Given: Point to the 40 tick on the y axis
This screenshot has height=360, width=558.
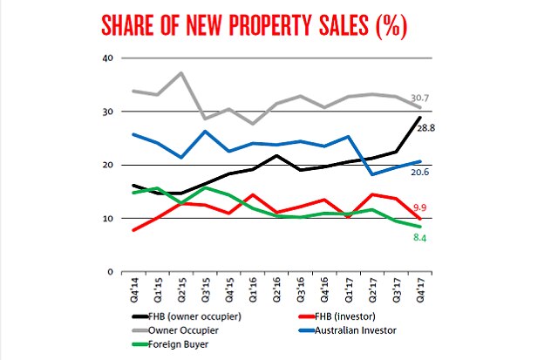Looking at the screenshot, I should click(108, 58).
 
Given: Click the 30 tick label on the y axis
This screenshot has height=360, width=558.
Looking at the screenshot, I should click(108, 112).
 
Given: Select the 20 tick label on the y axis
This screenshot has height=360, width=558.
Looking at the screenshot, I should click(108, 165).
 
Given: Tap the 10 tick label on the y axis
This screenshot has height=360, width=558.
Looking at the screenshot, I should click(108, 218).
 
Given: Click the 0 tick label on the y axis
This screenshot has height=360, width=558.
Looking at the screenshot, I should click(111, 271).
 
